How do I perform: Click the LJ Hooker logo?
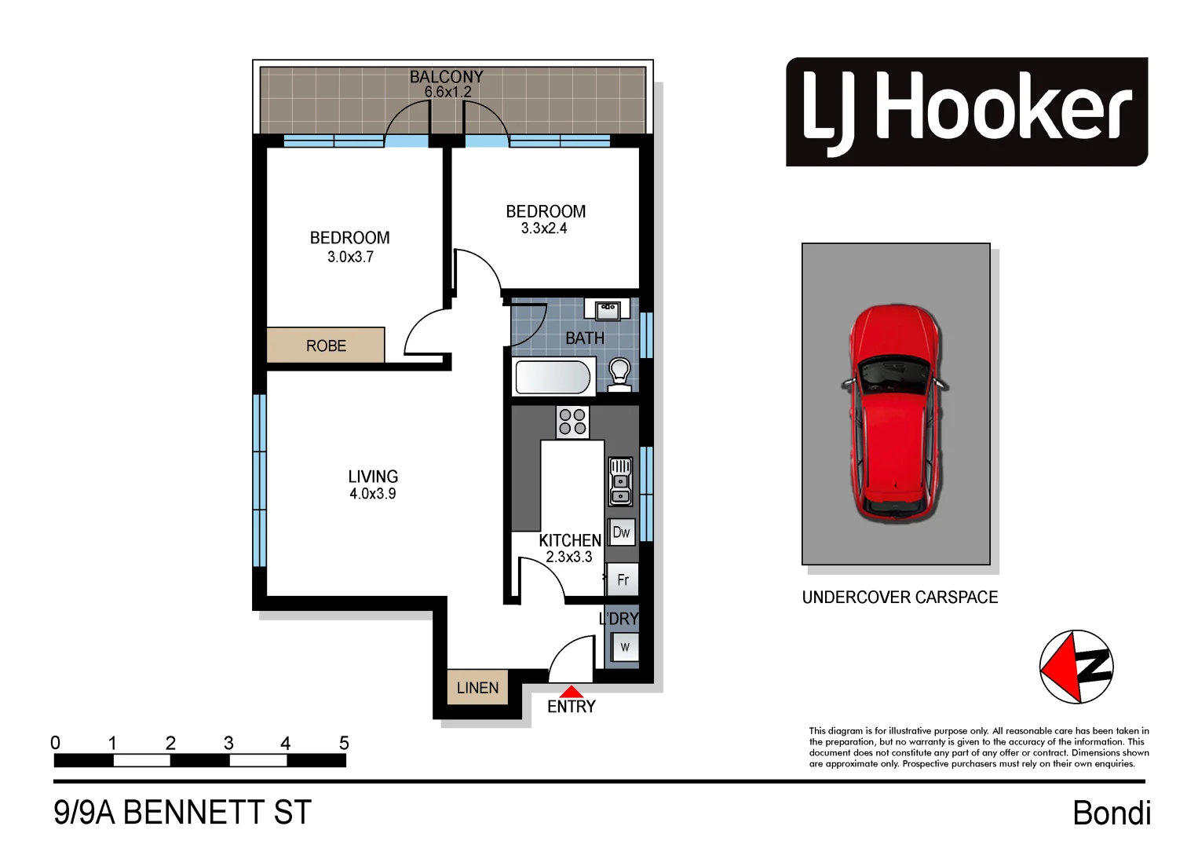point(966,111)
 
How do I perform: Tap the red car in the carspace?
point(895,412)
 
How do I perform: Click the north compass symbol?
point(1076,667)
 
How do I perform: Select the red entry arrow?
point(571,692)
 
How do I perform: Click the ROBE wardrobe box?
point(326,345)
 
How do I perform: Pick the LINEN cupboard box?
point(477,688)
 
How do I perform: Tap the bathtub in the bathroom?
point(553,378)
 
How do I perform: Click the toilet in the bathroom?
point(619,373)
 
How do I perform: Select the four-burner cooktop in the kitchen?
point(572,422)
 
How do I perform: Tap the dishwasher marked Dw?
point(621,532)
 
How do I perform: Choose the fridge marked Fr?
point(623,580)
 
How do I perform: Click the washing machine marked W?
point(625,648)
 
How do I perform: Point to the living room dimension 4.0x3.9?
point(372,494)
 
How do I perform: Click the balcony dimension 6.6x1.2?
point(447,92)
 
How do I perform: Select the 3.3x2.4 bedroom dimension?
point(544,228)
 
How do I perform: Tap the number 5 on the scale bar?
point(344,743)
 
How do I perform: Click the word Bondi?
point(1111,813)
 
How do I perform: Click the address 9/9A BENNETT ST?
point(182,813)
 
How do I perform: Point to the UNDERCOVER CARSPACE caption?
point(900,598)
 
